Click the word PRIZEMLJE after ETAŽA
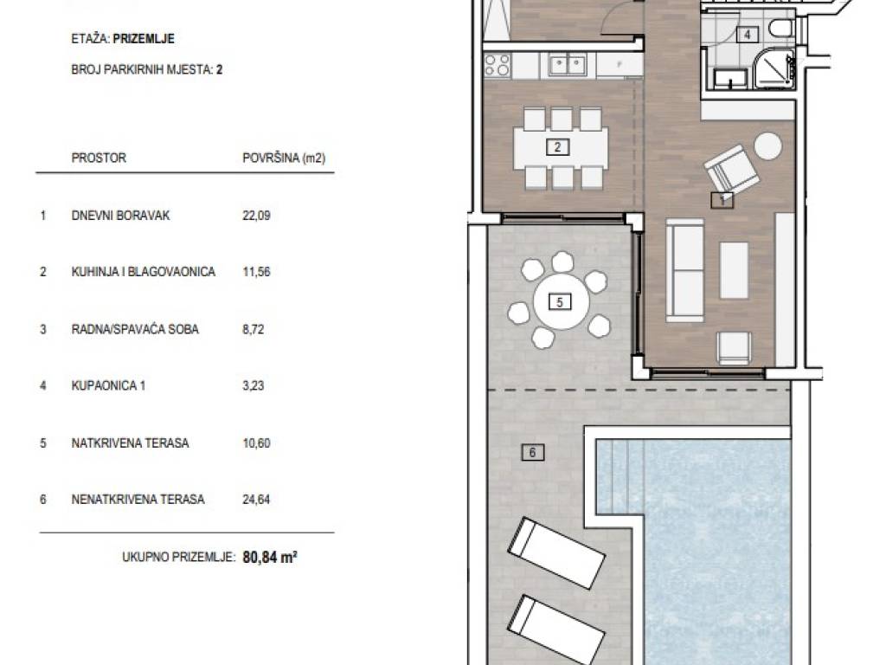click(144, 39)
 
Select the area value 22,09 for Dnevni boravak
click(256, 216)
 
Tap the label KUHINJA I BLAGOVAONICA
click(144, 272)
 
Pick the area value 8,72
click(254, 329)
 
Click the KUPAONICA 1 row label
click(108, 385)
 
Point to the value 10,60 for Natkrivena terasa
click(256, 442)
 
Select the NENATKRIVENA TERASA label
click(138, 500)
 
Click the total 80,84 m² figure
click(270, 557)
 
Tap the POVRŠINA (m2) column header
click(284, 158)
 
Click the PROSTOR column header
click(99, 158)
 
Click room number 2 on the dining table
click(558, 147)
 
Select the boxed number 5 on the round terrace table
click(560, 302)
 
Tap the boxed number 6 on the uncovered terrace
click(533, 452)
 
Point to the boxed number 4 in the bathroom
click(748, 35)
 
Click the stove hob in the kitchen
click(498, 65)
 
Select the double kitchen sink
click(568, 65)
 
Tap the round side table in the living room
click(768, 145)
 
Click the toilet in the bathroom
click(782, 29)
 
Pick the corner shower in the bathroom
click(775, 69)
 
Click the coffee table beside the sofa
click(734, 270)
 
